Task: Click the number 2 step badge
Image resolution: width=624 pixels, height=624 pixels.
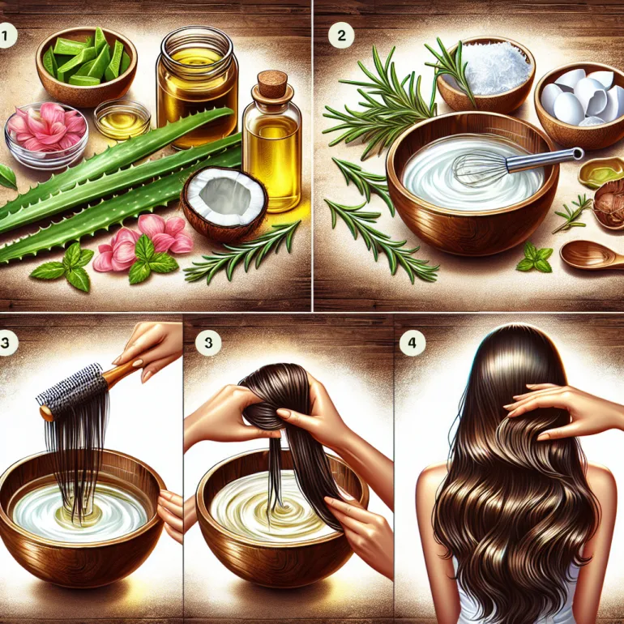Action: [341, 36]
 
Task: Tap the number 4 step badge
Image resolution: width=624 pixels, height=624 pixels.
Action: [412, 342]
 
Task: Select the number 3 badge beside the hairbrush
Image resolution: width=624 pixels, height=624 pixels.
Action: [6, 342]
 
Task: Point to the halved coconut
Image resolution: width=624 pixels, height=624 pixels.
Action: [224, 204]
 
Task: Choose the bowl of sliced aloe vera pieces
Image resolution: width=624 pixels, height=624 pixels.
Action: [87, 66]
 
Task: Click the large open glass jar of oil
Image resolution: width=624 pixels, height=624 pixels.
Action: [197, 87]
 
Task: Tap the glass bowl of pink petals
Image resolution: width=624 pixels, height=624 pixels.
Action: [46, 135]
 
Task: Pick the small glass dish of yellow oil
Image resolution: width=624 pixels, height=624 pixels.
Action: [122, 120]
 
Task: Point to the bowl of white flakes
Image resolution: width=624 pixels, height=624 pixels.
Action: [485, 75]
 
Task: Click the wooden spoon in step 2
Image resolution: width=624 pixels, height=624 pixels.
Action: [592, 254]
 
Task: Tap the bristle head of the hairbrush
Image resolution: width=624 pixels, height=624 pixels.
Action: [72, 387]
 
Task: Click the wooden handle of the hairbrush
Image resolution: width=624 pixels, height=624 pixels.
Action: [119, 371]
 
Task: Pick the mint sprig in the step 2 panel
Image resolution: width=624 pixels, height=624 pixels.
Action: [535, 258]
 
